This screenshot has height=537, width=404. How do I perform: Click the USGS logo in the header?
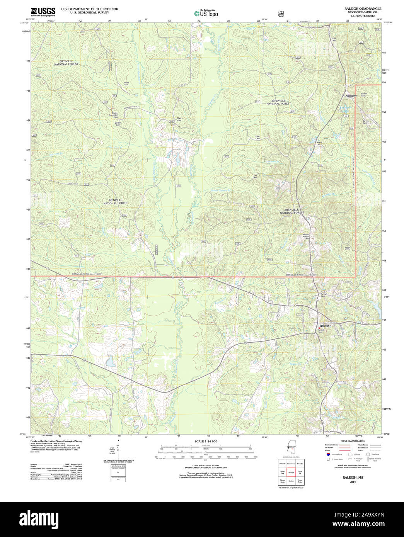click(43, 12)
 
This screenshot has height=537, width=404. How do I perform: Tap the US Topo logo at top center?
click(206, 13)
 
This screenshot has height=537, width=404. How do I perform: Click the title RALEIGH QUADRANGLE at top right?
click(357, 8)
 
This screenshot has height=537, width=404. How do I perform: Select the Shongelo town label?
click(351, 95)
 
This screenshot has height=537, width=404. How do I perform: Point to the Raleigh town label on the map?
click(325, 326)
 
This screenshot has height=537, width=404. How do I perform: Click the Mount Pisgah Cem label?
click(306, 236)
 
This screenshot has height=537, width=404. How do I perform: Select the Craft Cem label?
click(255, 176)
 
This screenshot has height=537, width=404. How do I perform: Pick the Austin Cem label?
click(319, 143)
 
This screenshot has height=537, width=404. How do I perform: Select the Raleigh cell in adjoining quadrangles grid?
click(291, 472)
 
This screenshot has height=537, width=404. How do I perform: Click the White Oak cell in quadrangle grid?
click(282, 472)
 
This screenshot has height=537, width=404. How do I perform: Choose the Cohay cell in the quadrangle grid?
click(291, 481)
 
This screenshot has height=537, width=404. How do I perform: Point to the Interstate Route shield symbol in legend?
click(328, 455)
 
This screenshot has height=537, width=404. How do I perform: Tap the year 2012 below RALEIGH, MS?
click(353, 482)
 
